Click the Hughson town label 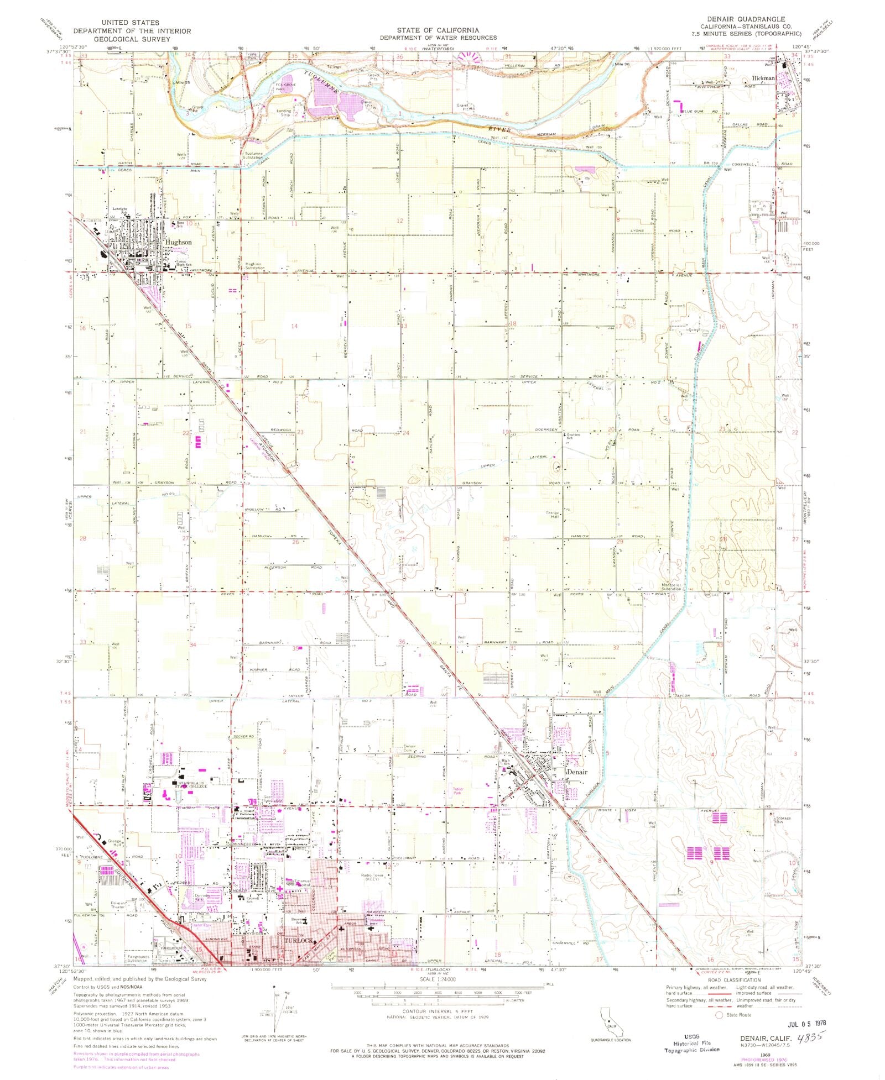pyautogui.click(x=178, y=242)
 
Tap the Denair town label pyautogui.click(x=576, y=772)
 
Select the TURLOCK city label pyautogui.click(x=299, y=940)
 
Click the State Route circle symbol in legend pyautogui.click(x=719, y=1015)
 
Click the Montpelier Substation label pyautogui.click(x=671, y=587)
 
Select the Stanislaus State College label pyautogui.click(x=191, y=785)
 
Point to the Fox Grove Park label pyautogui.click(x=286, y=87)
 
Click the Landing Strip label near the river pyautogui.click(x=284, y=113)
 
